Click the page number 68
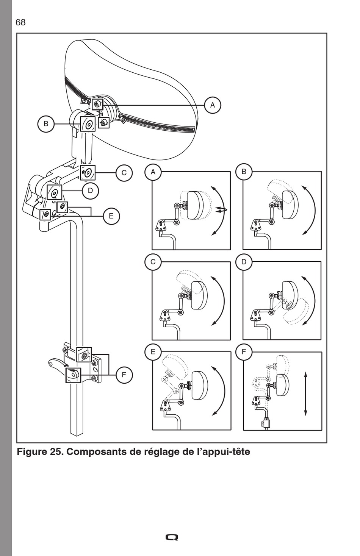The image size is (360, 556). tap(20, 22)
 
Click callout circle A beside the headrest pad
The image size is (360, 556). tap(212, 105)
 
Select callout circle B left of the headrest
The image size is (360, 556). tap(46, 123)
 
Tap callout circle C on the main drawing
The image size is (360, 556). tap(124, 173)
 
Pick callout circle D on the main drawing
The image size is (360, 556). tap(90, 191)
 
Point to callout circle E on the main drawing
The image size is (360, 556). tap(111, 216)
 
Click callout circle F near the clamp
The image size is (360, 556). tap(124, 375)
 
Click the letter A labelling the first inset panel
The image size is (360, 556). tap(153, 172)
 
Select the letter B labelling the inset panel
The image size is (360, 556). tap(244, 172)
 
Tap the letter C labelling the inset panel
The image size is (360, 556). tap(153, 262)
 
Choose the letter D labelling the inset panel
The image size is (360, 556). tap(244, 262)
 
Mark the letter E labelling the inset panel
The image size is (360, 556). tap(153, 351)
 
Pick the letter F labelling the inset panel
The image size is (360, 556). tap(244, 351)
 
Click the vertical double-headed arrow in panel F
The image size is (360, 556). tap(305, 394)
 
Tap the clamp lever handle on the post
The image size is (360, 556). tap(55, 363)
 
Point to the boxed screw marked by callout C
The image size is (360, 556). tap(88, 173)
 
